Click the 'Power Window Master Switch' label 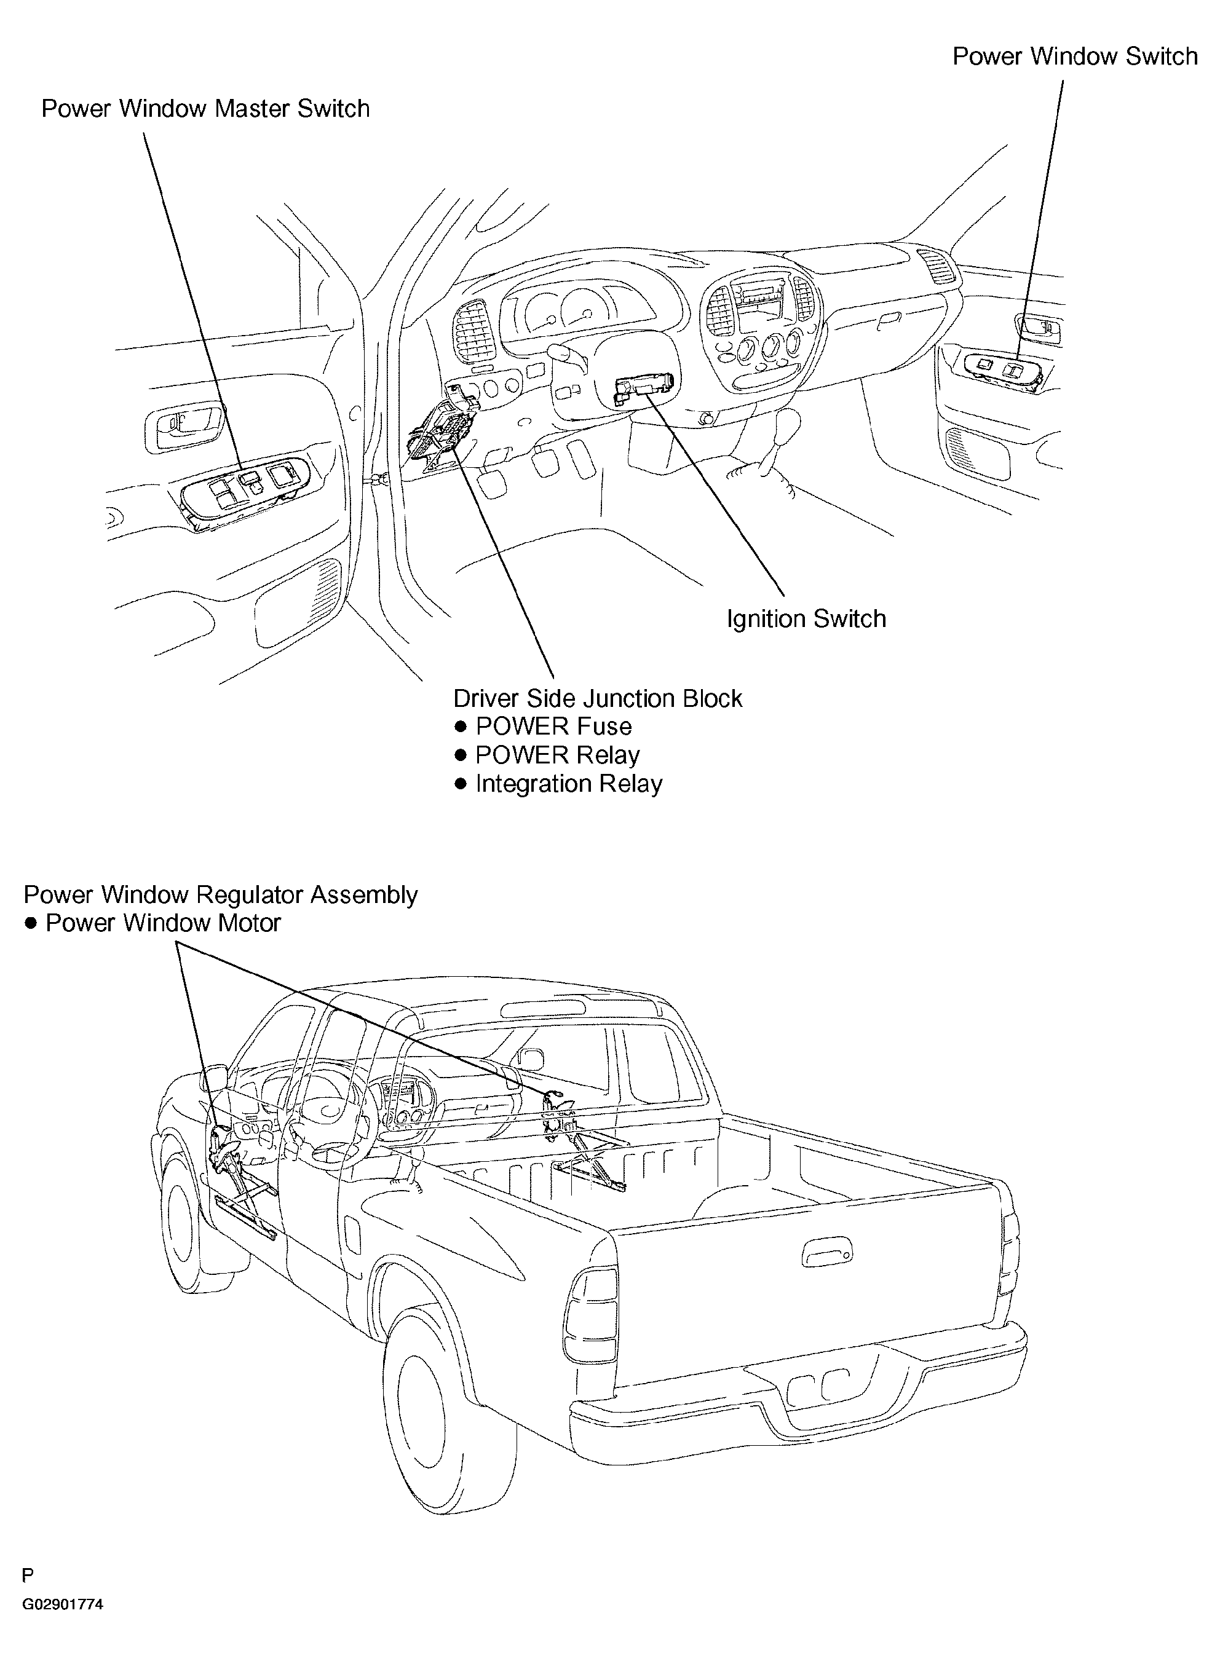(205, 109)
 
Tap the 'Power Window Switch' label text (1074, 57)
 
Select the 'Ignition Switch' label (806, 618)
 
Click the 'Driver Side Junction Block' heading (598, 698)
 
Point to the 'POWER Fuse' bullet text (553, 727)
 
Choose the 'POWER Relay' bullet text (557, 755)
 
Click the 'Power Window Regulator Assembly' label (221, 895)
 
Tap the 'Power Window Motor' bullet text (163, 923)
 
